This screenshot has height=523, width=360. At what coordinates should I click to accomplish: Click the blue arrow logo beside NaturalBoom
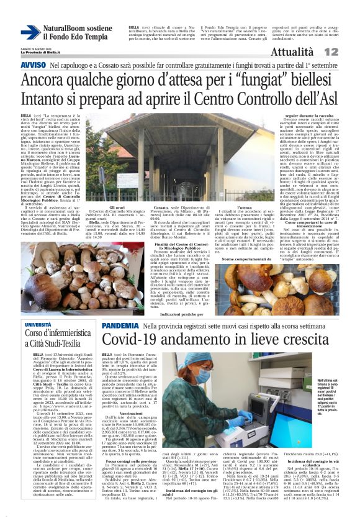click(30, 33)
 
